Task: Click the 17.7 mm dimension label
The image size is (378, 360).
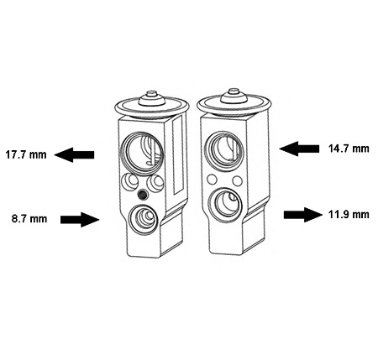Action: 26,154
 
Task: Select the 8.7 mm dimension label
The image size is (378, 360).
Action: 29,218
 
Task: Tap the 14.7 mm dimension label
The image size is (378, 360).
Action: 349,149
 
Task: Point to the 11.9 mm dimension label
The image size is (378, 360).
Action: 349,215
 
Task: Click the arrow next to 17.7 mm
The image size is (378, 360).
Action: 74,154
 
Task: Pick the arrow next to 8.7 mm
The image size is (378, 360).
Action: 80,220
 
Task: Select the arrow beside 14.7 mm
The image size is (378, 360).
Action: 299,149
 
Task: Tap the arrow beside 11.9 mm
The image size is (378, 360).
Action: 303,215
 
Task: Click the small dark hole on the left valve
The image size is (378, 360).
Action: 143,195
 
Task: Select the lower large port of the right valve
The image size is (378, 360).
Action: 226,205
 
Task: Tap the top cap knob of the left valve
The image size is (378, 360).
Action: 152,98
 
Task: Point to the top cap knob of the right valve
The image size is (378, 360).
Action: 234,97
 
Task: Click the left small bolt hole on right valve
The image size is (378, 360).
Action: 212,179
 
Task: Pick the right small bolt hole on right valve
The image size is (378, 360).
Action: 238,180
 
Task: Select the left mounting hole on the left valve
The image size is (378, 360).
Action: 129,182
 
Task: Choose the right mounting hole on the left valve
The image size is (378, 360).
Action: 155,183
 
